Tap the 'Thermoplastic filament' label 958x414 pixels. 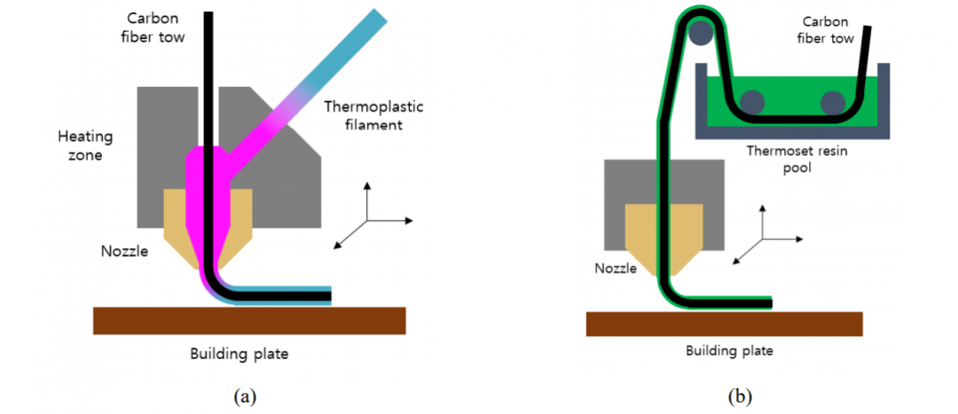pos(373,115)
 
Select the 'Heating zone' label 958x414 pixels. pos(84,145)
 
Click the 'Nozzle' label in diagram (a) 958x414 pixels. pos(124,251)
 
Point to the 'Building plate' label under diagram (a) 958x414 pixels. pos(239,355)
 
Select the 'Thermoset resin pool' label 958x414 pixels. pos(796,159)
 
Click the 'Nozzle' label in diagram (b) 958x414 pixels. pos(615,267)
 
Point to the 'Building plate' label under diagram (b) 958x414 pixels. pos(729,350)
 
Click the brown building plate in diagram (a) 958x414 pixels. pos(249,320)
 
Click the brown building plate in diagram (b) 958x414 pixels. pos(724,324)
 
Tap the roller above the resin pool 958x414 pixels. pos(702,34)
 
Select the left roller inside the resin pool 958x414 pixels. pos(752,102)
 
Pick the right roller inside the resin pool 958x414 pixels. pos(832,103)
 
